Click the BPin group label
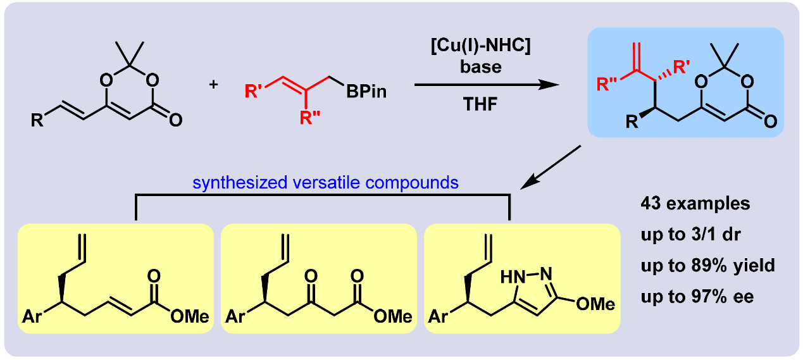tap(366, 93)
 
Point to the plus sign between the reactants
tap(213, 83)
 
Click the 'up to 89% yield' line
tap(707, 265)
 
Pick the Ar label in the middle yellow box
tap(235, 315)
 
